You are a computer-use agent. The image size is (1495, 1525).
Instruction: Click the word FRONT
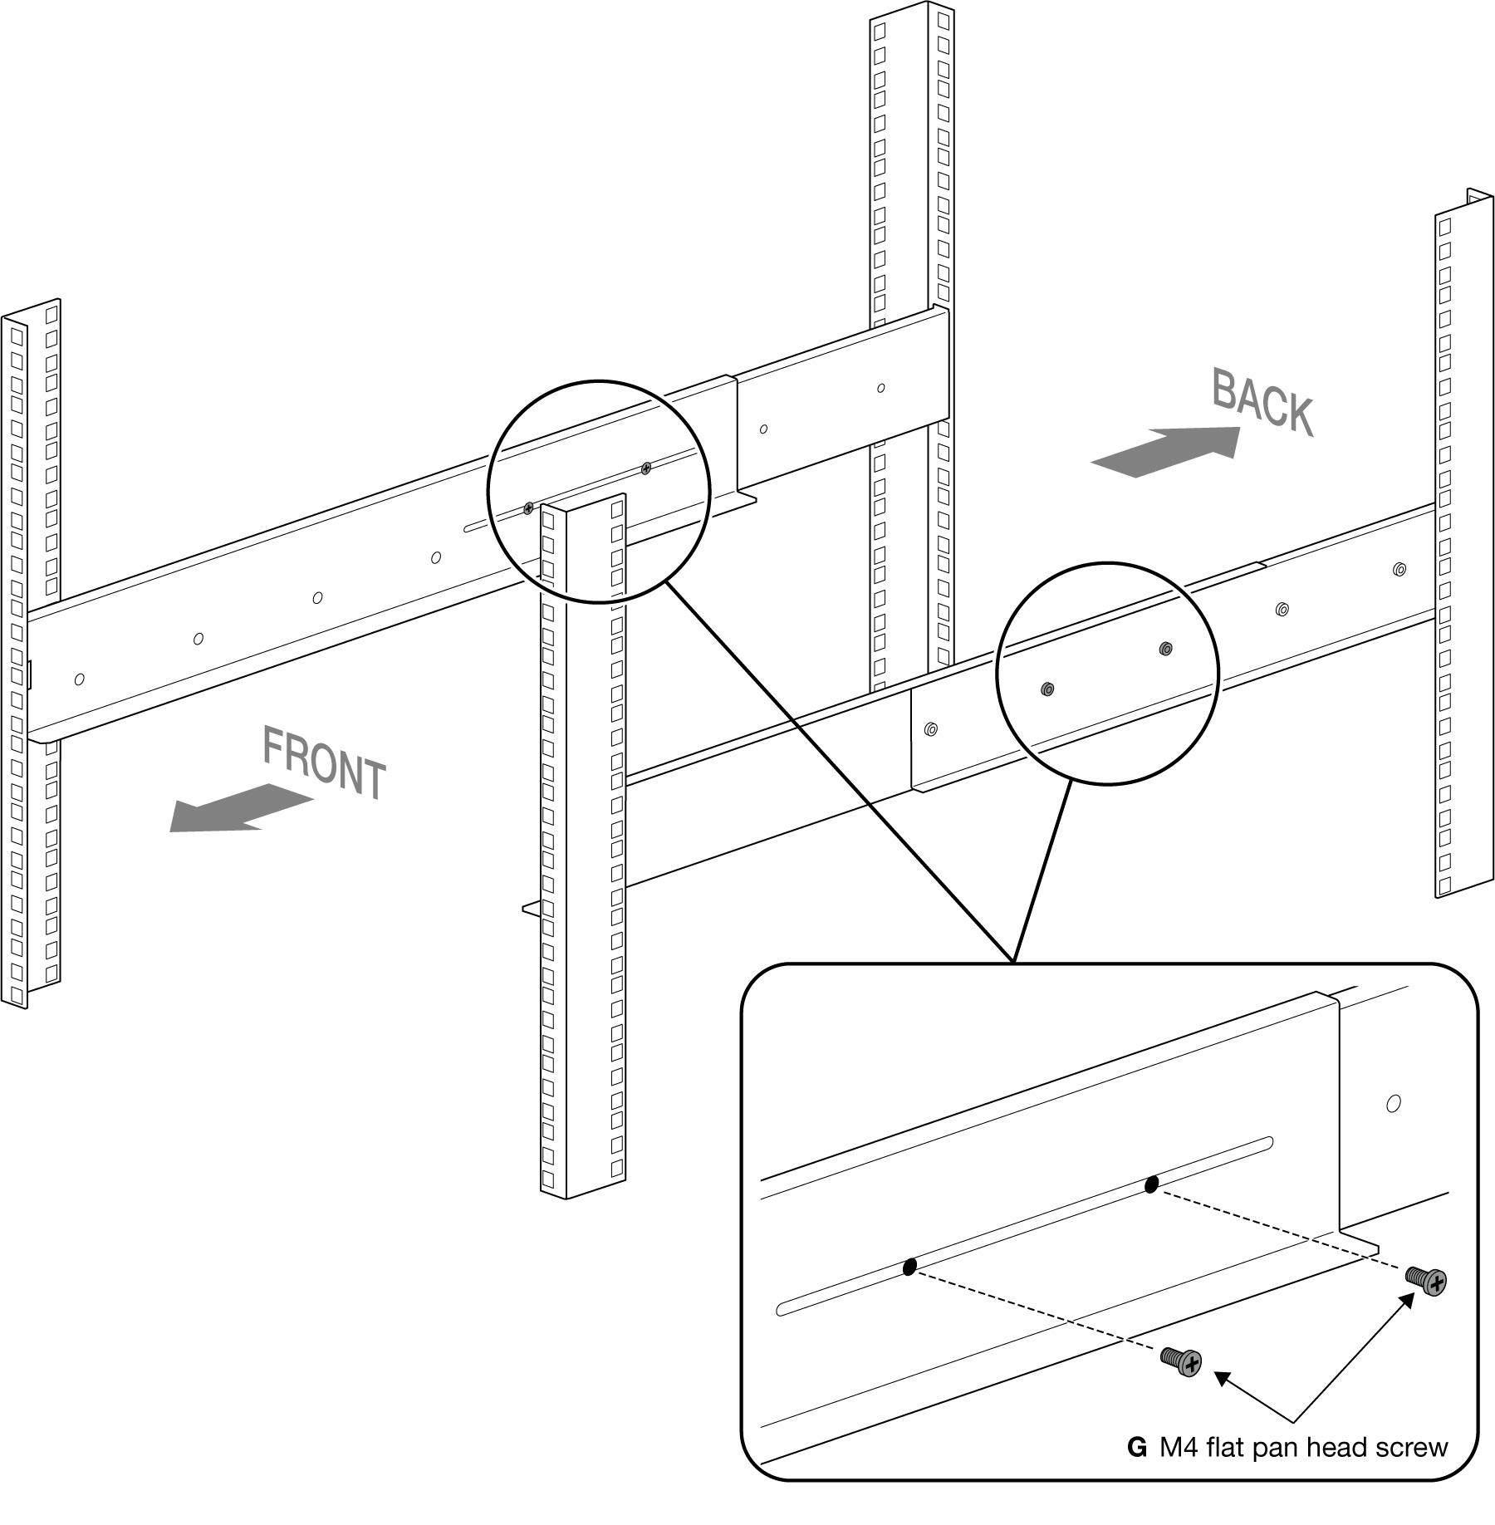(x=324, y=762)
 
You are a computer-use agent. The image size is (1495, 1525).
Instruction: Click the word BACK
(x=1262, y=402)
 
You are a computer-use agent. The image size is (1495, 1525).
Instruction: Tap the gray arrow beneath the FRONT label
(x=240, y=807)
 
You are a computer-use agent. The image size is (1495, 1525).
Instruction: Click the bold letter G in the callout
(x=1136, y=1448)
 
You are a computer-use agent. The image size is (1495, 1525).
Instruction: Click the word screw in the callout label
(x=1411, y=1448)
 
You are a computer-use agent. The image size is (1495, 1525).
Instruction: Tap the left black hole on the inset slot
(x=909, y=1267)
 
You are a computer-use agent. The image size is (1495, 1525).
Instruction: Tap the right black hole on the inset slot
(x=1151, y=1184)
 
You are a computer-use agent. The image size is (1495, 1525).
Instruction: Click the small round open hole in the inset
(x=1394, y=1104)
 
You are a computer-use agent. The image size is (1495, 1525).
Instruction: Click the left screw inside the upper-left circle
(x=528, y=508)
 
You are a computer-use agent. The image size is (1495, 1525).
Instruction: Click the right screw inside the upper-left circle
(x=646, y=468)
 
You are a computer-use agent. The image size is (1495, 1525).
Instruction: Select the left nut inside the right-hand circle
(x=1047, y=689)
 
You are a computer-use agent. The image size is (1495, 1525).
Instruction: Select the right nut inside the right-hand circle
(x=1165, y=648)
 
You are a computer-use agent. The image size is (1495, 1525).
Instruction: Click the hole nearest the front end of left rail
(x=79, y=679)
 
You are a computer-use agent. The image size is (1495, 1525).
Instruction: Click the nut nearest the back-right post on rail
(x=1399, y=570)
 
